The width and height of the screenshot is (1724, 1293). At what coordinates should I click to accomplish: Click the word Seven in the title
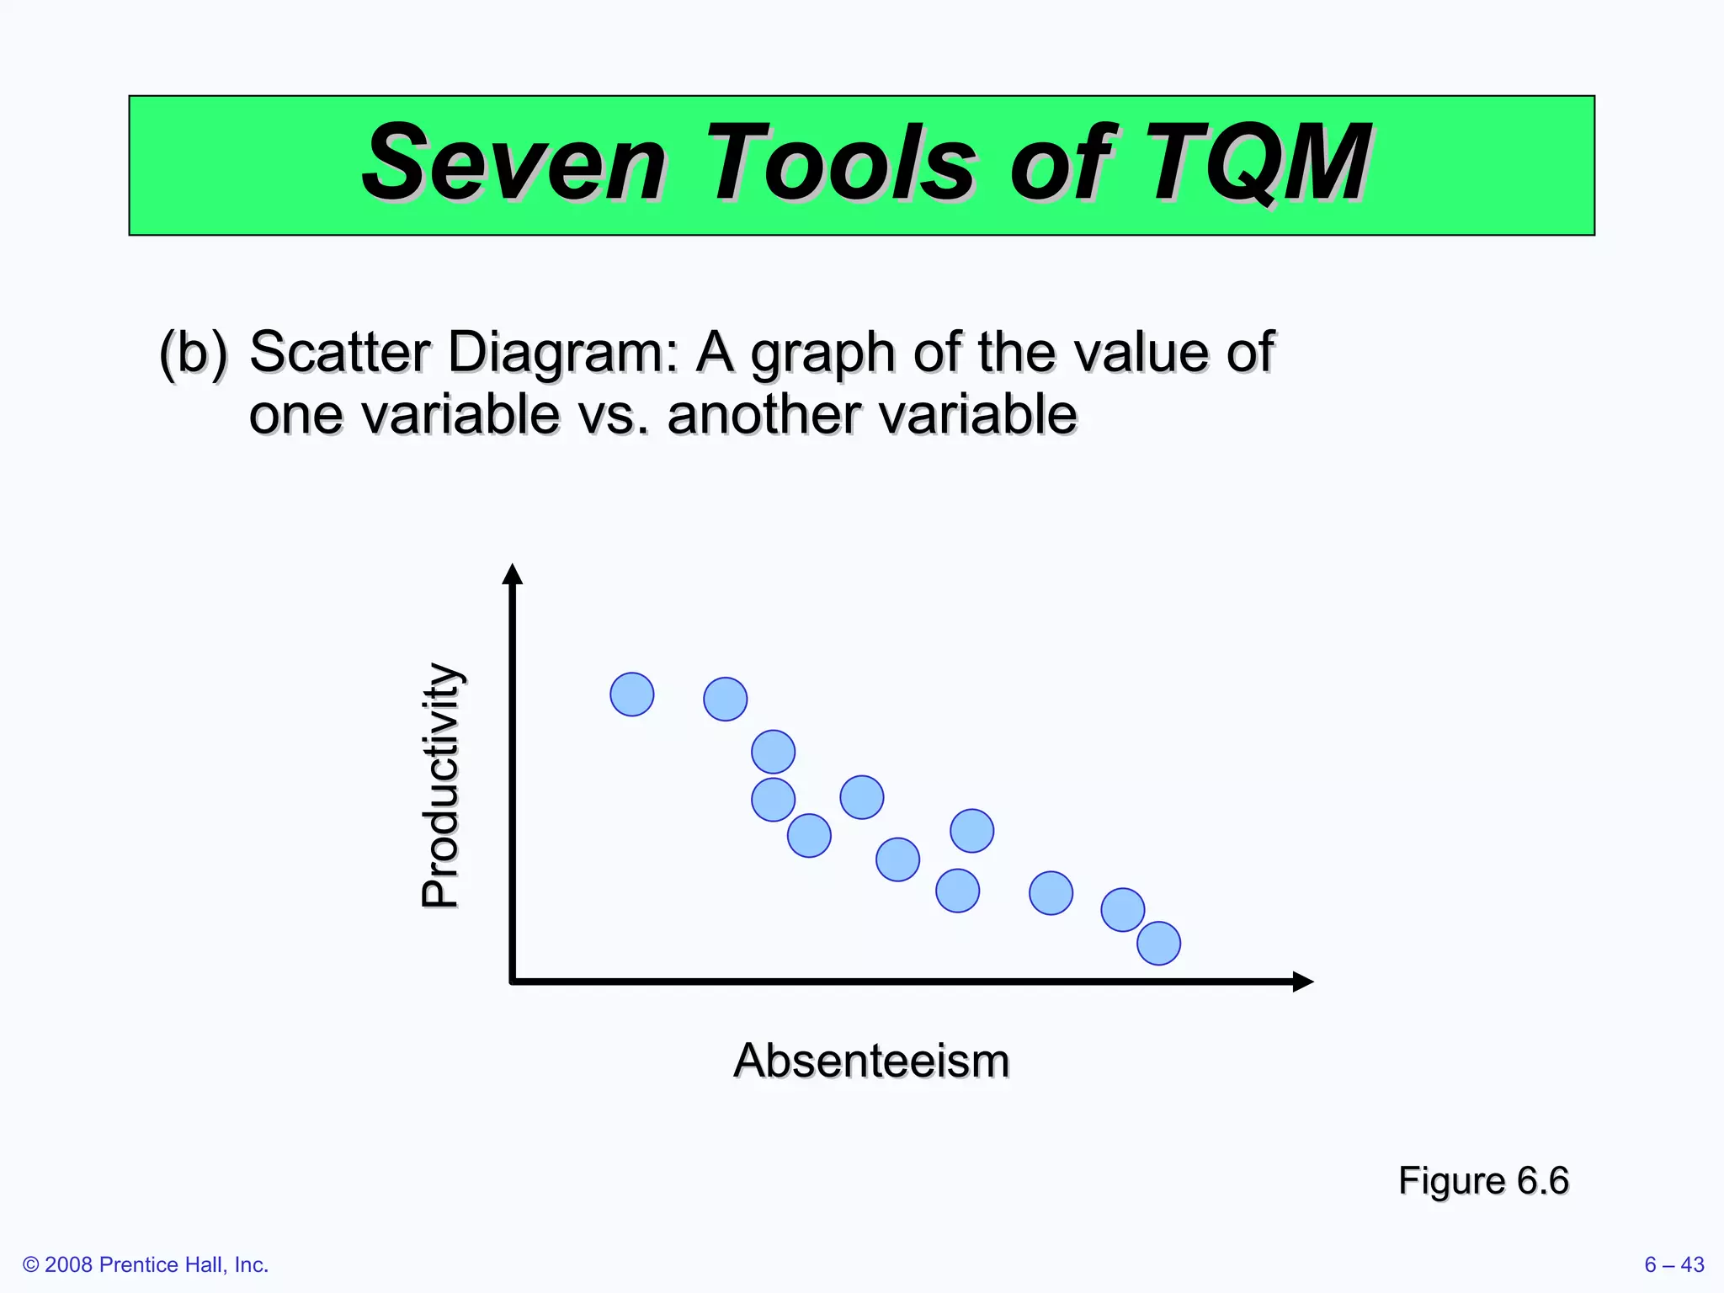(515, 163)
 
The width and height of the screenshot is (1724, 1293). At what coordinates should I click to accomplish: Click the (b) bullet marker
(193, 352)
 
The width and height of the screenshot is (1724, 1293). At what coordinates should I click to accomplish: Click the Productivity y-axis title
(440, 785)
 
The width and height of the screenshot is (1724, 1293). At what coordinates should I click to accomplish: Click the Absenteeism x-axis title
(871, 1061)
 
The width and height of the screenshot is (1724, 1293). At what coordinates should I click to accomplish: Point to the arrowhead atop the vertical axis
(512, 574)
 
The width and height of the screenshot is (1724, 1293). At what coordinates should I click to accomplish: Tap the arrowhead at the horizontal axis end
(1302, 982)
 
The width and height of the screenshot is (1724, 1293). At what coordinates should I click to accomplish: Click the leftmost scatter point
(631, 694)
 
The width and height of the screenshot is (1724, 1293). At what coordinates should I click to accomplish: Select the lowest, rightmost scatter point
(1158, 943)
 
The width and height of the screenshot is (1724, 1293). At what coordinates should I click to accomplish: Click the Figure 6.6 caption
(1483, 1180)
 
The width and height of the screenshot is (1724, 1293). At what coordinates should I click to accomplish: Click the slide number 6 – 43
(1673, 1264)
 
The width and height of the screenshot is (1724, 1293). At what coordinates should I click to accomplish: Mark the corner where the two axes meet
(513, 981)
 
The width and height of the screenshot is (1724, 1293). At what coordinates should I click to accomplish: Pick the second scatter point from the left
(725, 699)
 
